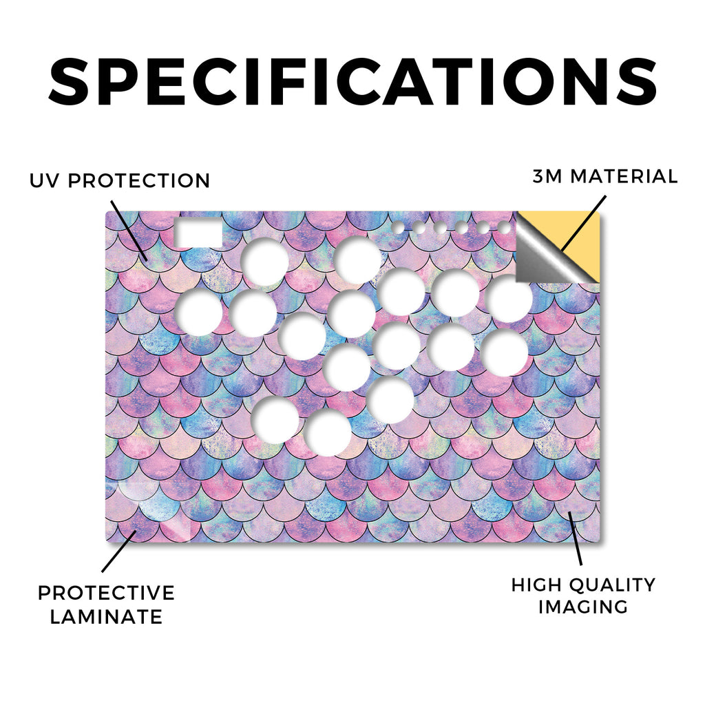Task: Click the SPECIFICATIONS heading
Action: [352, 81]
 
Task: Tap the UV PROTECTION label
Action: [120, 181]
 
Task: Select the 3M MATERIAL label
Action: [605, 176]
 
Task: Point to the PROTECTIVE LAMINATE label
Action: [106, 604]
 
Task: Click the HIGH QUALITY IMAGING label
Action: [583, 596]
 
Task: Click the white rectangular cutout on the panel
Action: [198, 233]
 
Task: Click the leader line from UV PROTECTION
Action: [129, 231]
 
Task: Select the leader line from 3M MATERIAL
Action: [584, 223]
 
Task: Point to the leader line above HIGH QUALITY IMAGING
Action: [575, 538]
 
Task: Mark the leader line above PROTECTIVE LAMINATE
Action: [119, 551]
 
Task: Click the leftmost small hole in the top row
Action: [398, 227]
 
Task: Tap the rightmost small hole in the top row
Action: [503, 228]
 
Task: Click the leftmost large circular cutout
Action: [198, 312]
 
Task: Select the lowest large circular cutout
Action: [327, 432]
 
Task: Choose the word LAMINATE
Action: [106, 616]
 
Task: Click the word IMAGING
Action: [583, 607]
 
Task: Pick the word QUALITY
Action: [612, 585]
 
